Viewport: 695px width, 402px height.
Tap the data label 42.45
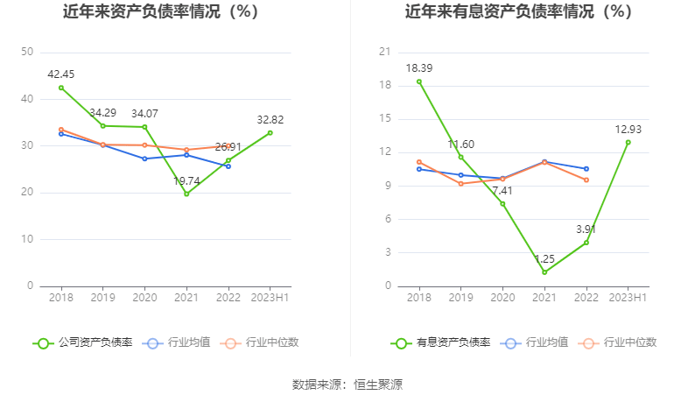tap(60, 74)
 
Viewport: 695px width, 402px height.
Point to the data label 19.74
tap(186, 180)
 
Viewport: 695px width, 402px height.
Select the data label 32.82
tap(270, 119)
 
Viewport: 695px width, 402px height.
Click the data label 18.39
tap(418, 67)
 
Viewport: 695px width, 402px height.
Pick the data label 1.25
tap(544, 258)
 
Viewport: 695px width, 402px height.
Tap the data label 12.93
tap(628, 129)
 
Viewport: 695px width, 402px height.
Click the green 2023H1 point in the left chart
tap(270, 132)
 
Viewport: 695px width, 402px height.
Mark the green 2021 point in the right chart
tap(544, 272)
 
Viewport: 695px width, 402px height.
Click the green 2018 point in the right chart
tap(418, 81)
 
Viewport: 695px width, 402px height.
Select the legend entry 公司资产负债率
tap(83, 342)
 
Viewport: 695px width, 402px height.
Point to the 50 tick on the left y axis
tap(27, 53)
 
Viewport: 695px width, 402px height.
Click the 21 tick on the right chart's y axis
tap(383, 53)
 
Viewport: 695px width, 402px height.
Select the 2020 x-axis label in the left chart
tap(144, 297)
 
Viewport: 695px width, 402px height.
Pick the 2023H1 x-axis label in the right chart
tap(628, 297)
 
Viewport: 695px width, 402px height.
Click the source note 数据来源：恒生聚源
tap(347, 384)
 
